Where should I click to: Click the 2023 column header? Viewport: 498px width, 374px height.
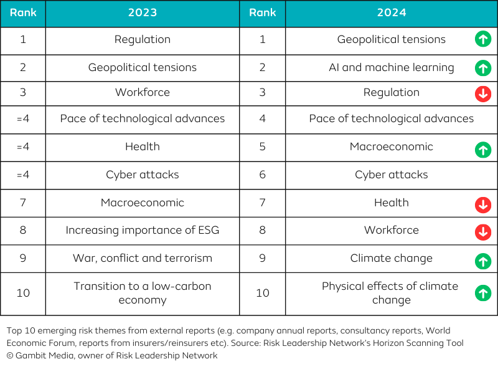143,13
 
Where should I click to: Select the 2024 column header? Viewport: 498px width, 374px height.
391,13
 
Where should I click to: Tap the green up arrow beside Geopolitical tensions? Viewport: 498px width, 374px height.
483,40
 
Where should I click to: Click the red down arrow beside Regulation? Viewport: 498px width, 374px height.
483,94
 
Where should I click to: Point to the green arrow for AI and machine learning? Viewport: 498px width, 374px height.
483,67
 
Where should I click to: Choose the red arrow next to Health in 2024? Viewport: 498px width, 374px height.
483,204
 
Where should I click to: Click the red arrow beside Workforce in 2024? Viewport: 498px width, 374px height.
483,232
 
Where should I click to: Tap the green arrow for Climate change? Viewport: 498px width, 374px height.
483,260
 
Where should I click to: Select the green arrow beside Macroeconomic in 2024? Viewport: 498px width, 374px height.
483,150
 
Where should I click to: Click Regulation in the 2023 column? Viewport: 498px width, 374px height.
143,40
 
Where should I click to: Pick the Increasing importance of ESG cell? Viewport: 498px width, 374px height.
143,231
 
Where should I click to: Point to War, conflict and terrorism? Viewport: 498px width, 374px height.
143,258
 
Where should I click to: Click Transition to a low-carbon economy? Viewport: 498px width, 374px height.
143,293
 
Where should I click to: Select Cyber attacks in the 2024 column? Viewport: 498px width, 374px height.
391,175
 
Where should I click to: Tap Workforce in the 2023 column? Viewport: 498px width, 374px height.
143,93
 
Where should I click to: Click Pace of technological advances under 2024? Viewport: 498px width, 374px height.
391,118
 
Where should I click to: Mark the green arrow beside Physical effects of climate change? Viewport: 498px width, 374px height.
483,293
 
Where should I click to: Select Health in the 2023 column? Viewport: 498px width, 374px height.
143,147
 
